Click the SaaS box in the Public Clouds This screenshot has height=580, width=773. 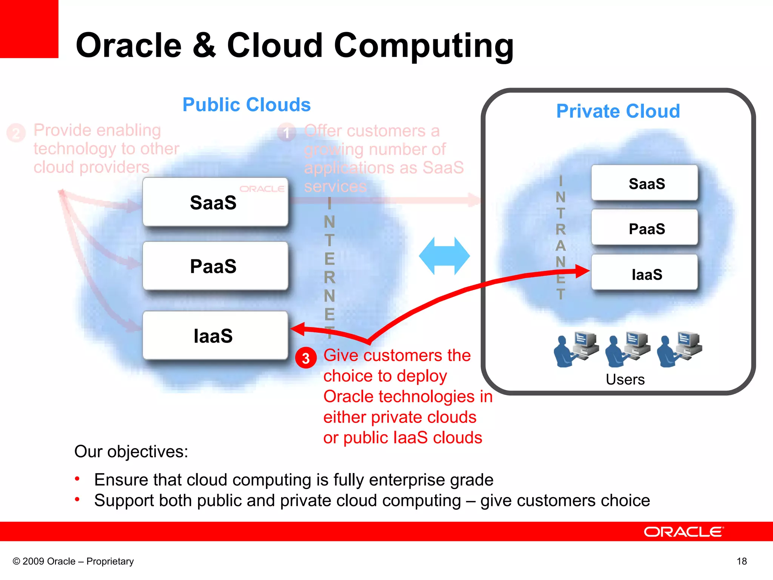coord(215,202)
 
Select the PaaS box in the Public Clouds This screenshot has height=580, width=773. coord(215,266)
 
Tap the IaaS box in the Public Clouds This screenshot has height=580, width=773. coord(215,335)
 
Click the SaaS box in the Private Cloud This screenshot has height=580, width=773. coord(644,183)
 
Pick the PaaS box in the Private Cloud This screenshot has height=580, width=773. coord(644,228)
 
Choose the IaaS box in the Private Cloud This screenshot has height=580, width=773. coord(644,273)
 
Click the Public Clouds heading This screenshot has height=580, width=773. coord(246,105)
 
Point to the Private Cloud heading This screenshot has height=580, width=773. coord(618,111)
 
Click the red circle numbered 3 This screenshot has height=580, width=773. coord(306,358)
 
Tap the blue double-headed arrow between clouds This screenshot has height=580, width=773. coord(444,256)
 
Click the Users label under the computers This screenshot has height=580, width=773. coord(625,379)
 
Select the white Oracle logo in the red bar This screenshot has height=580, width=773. coord(684,532)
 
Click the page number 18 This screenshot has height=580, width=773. coord(742,561)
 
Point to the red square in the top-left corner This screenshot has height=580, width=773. coord(29,29)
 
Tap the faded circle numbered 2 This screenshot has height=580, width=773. coord(16,133)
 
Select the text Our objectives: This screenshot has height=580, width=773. coord(131,451)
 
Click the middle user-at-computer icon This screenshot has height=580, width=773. coord(627,349)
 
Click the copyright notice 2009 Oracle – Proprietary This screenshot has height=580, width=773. coord(73,561)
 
